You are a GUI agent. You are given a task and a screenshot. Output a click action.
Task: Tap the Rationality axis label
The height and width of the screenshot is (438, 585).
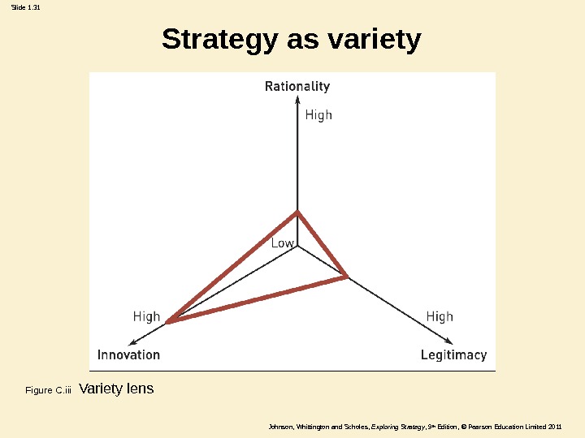pos(297,86)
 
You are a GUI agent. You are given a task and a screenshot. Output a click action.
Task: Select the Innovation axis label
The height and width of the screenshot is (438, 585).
pos(128,354)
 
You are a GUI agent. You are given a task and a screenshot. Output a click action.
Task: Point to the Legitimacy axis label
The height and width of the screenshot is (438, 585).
pos(453,354)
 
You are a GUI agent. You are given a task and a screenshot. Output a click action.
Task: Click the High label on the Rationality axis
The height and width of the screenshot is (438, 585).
pos(318,115)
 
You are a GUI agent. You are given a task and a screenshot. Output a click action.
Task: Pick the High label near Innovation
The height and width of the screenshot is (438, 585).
pos(146,316)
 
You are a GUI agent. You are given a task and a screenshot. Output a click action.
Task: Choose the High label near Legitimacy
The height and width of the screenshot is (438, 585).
pos(440,316)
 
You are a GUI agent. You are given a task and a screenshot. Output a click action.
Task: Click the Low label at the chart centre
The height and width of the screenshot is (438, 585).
pos(282,243)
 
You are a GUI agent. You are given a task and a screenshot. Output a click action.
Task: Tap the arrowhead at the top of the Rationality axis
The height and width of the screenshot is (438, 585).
pos(298,103)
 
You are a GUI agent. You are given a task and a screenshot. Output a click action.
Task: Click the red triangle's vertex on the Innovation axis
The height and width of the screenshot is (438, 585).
pos(168,322)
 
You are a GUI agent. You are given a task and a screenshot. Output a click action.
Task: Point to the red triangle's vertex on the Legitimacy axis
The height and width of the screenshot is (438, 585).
pos(347,277)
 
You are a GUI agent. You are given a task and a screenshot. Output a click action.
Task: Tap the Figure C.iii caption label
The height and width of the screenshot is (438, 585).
pos(49,391)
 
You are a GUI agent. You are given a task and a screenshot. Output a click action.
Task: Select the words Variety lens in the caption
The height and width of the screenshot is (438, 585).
pos(116,389)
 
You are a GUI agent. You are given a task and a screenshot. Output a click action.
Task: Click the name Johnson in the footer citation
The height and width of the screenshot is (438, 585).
pos(279,427)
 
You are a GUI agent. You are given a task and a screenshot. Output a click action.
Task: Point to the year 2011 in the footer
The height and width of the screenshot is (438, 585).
pos(555,427)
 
